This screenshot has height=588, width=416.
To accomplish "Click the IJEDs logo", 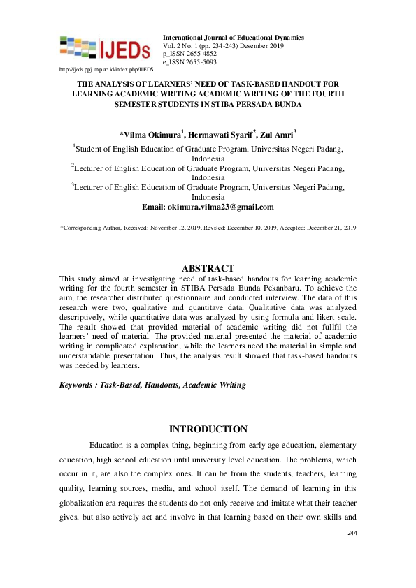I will click(105, 47).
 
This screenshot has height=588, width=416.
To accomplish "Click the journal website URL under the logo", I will click(106, 71).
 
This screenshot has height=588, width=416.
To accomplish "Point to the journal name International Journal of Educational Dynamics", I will click(233, 37).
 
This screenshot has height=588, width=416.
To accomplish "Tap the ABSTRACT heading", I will click(208, 268).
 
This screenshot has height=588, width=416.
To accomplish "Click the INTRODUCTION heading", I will click(208, 429).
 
